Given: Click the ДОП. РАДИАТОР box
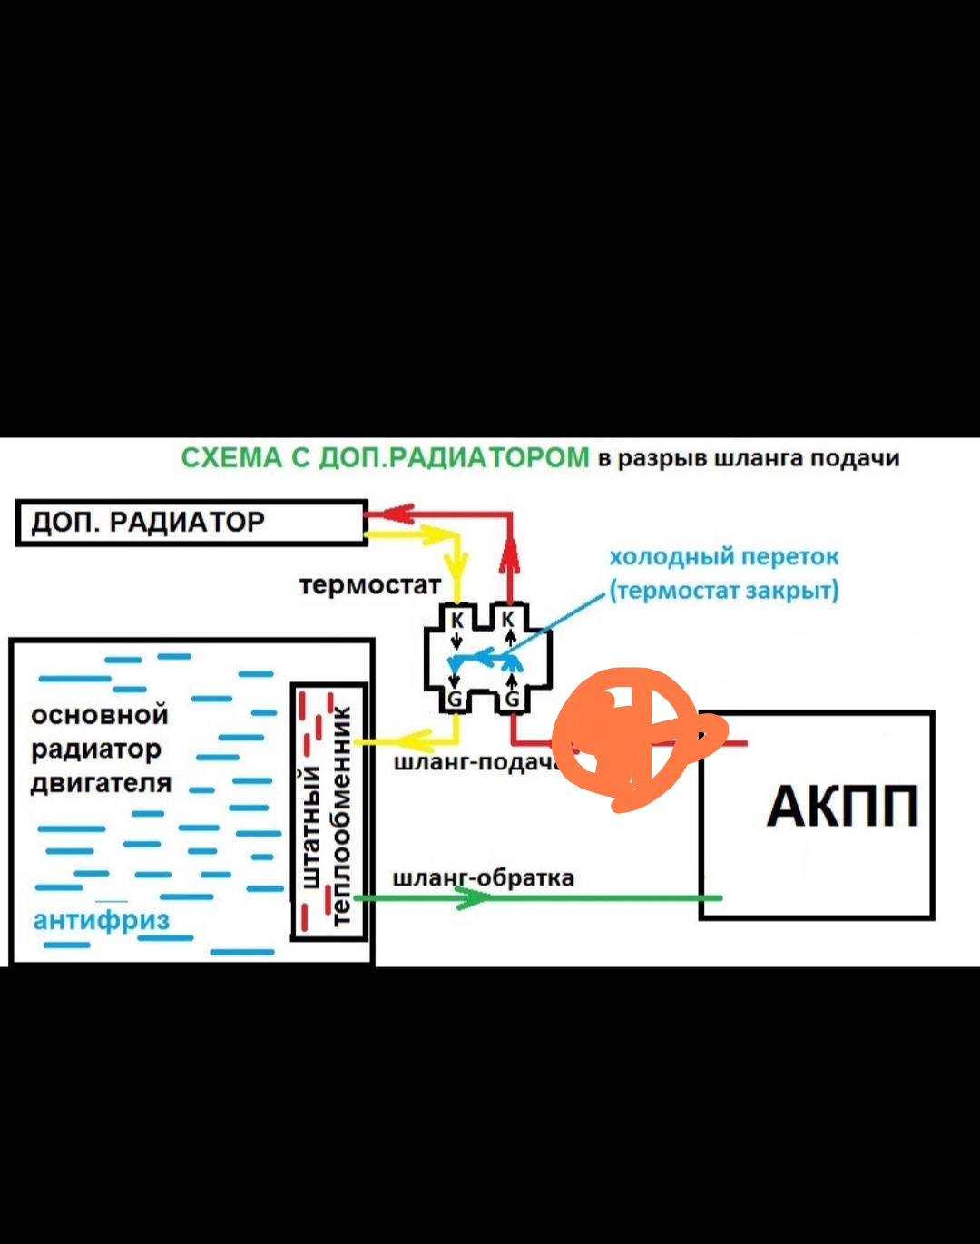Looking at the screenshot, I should tap(191, 523).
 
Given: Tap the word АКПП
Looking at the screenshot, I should tap(842, 806).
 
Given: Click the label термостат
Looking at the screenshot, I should tap(369, 585).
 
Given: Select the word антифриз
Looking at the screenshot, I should tap(101, 920).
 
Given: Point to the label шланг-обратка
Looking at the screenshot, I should tap(483, 878).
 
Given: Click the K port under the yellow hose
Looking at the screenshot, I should tap(457, 620).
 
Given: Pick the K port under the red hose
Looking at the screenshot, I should tap(509, 620).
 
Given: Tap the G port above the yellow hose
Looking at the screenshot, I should tap(456, 699).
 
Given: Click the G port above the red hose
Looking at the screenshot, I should tap(512, 699).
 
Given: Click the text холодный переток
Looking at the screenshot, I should tap(723, 556).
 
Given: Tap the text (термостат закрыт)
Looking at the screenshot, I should tap(723, 591).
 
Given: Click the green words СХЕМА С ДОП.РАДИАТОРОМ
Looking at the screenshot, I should tap(385, 457).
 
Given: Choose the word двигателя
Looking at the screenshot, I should tap(101, 783).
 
